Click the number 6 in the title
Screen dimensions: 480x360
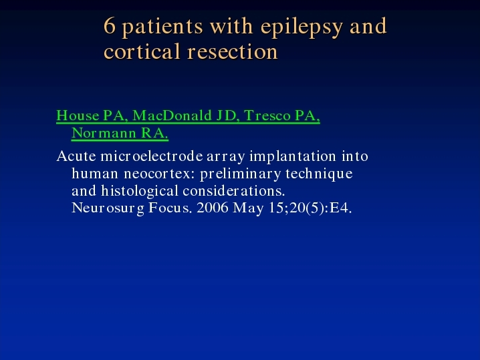[110, 25]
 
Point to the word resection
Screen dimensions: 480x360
[233, 51]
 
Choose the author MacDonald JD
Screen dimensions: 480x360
[186, 116]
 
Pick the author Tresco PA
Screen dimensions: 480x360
[282, 116]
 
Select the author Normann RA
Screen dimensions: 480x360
[120, 133]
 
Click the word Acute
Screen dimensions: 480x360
[76, 156]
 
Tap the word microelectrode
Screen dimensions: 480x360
[152, 156]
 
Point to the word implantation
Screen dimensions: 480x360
[293, 157]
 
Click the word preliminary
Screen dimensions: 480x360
[240, 174]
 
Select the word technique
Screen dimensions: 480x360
[319, 174]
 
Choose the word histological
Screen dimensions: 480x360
[140, 191]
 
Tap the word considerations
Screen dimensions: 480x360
[234, 191]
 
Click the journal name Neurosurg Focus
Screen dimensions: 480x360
[132, 208]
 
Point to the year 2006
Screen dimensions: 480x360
[213, 208]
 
